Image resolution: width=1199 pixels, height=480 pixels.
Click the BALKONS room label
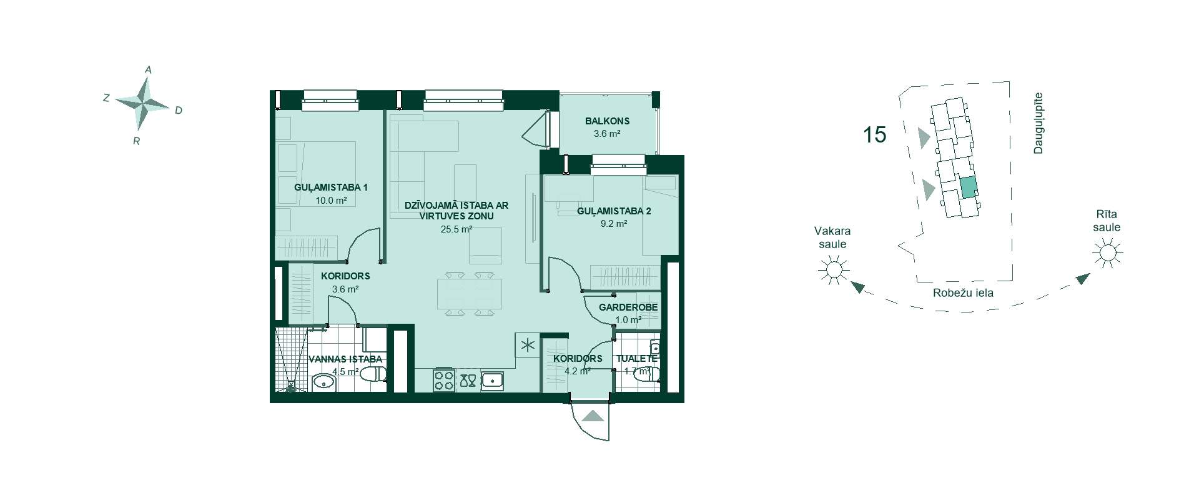pyautogui.click(x=607, y=121)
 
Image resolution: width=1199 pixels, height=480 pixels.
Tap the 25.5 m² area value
pyautogui.click(x=456, y=229)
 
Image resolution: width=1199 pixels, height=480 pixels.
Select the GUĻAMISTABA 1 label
pyautogui.click(x=331, y=187)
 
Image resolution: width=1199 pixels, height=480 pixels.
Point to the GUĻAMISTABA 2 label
pyautogui.click(x=614, y=211)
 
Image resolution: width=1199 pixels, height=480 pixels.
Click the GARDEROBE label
pyautogui.click(x=628, y=307)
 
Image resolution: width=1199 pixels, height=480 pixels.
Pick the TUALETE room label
pyautogui.click(x=636, y=359)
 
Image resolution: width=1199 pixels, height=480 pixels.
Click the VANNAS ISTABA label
pyautogui.click(x=345, y=359)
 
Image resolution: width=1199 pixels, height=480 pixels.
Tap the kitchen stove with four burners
pyautogui.click(x=444, y=381)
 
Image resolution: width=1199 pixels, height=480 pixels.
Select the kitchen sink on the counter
pyautogui.click(x=493, y=381)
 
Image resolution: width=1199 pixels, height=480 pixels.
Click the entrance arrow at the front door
pyautogui.click(x=592, y=416)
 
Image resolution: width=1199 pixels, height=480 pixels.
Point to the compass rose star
pyautogui.click(x=143, y=102)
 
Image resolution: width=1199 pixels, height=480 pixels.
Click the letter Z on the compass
pyautogui.click(x=106, y=97)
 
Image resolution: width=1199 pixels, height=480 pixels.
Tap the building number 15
pyautogui.click(x=874, y=134)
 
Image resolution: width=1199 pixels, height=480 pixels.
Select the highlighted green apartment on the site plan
pyautogui.click(x=968, y=187)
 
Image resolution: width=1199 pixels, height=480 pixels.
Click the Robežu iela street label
pyautogui.click(x=963, y=292)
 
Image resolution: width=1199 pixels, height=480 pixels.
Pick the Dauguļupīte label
pyautogui.click(x=1037, y=123)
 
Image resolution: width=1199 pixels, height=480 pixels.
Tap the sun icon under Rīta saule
pyautogui.click(x=1107, y=254)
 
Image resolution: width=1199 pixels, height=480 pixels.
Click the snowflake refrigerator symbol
pyautogui.click(x=526, y=344)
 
